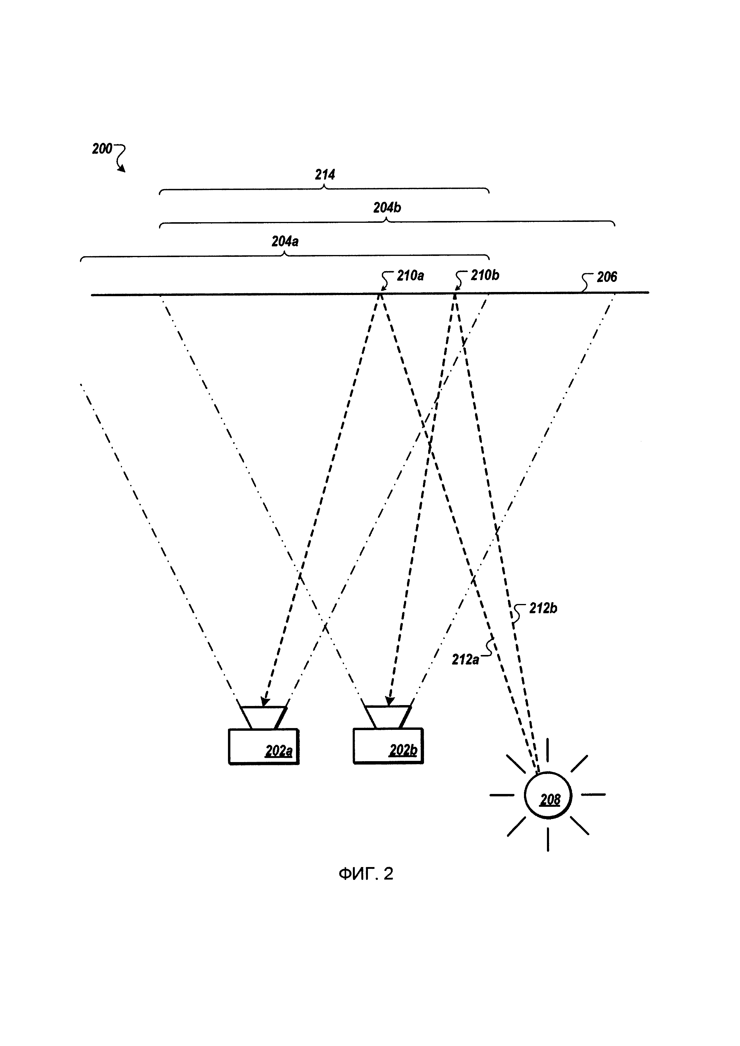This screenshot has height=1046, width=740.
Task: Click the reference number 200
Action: tap(102, 149)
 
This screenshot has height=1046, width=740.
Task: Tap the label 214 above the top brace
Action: tap(325, 174)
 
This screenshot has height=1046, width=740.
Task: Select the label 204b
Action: tap(387, 208)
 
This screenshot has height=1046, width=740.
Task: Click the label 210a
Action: tap(410, 276)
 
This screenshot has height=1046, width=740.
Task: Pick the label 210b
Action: tap(485, 275)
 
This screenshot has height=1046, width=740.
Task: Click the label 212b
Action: tap(543, 608)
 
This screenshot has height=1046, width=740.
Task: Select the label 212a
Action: tap(465, 659)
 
